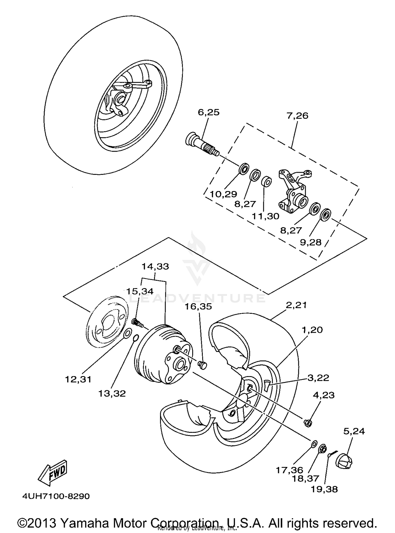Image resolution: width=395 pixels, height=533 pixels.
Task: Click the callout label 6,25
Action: [209, 112]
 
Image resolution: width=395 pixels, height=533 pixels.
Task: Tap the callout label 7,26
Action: [297, 116]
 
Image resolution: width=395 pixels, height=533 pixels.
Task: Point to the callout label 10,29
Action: [223, 194]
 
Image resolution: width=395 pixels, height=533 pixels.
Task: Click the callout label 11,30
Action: [265, 216]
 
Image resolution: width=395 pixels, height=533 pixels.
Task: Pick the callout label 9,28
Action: [311, 242]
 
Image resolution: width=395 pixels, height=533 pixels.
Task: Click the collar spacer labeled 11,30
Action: [266, 182]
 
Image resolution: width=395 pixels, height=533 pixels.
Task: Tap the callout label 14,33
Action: [155, 266]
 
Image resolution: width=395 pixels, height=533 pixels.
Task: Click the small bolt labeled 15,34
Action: [137, 323]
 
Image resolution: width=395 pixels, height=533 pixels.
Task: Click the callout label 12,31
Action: [78, 379]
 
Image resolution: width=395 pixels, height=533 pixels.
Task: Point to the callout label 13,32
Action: [112, 393]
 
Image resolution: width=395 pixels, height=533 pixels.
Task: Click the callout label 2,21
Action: [296, 305]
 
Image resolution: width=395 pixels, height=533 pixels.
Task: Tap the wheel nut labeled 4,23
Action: [308, 423]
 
